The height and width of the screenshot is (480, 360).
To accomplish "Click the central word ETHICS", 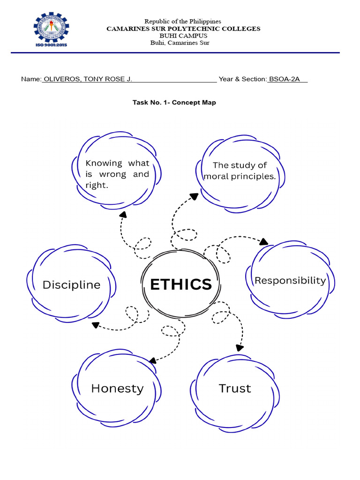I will (180, 284).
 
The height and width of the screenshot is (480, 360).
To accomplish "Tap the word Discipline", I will (71, 285).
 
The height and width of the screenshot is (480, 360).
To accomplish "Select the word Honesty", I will (117, 388).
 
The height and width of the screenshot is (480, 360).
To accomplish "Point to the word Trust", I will (235, 388).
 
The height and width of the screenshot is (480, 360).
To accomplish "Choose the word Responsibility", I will (290, 280).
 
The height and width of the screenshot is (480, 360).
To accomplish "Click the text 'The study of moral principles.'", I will (240, 171).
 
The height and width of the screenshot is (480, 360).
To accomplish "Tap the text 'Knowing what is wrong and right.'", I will (117, 174).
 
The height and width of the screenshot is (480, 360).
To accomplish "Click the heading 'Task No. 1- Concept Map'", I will (174, 102).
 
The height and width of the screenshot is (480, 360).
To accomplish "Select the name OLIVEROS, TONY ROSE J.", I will (88, 79).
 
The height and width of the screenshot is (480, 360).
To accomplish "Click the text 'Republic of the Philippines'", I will (183, 22).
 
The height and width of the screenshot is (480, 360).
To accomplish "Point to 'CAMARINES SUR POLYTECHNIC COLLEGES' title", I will (183, 29).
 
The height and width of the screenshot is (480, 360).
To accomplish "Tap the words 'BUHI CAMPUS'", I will (183, 36).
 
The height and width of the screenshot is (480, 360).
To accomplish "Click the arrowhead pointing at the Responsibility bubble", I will (264, 242).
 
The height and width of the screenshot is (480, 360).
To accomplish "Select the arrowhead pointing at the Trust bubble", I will (240, 347).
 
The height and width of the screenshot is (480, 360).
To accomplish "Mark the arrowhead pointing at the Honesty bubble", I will (152, 360).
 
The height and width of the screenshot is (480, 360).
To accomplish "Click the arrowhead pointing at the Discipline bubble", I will (95, 325).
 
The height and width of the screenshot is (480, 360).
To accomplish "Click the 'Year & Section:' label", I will (243, 79).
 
